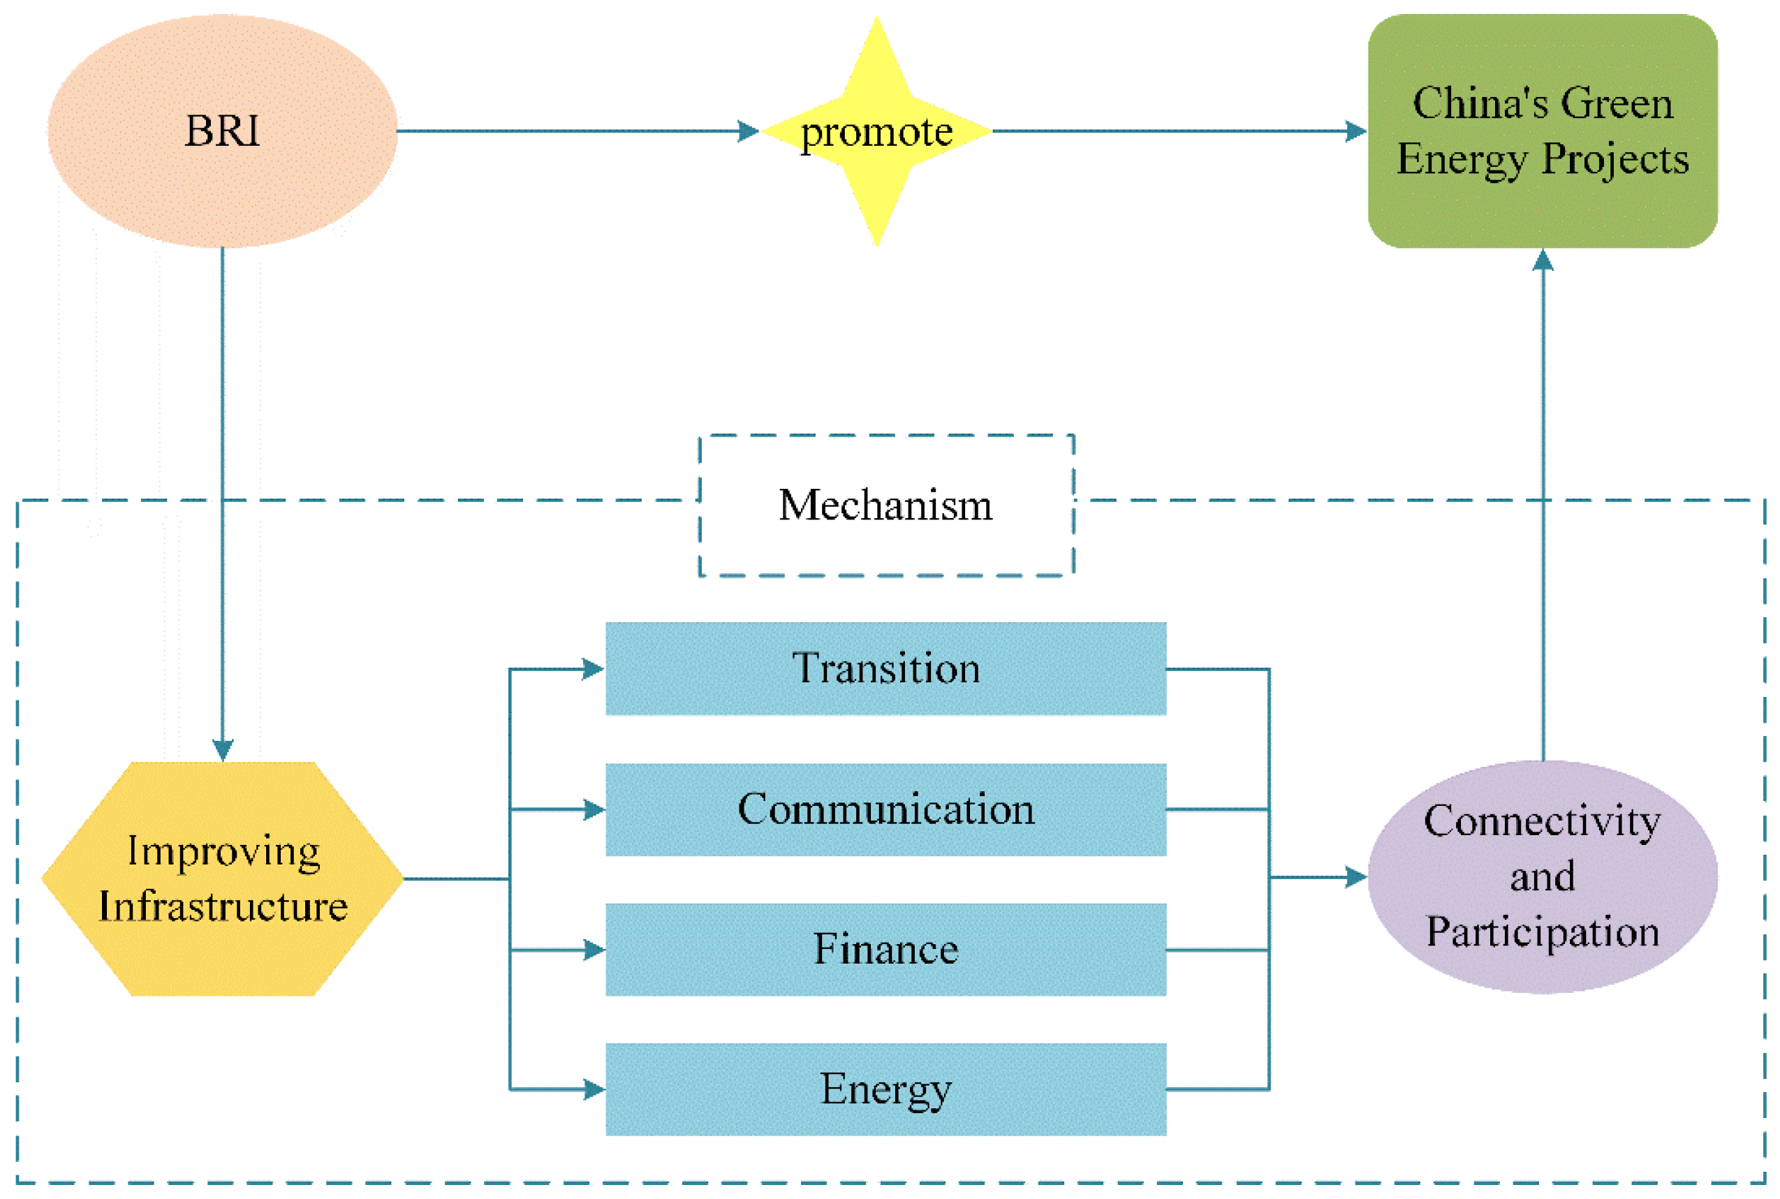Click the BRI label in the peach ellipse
click(x=222, y=131)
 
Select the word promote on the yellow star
click(x=876, y=132)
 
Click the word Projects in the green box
click(x=1614, y=159)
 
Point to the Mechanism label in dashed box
click(x=885, y=506)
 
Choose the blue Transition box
click(x=885, y=668)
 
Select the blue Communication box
click(x=885, y=809)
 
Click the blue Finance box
click(x=885, y=949)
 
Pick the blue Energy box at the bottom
click(x=885, y=1089)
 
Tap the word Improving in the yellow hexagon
click(x=223, y=851)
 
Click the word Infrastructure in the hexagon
click(x=223, y=907)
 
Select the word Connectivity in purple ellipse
click(x=1541, y=822)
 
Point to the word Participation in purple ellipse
click(x=1541, y=932)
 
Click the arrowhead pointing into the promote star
click(x=747, y=131)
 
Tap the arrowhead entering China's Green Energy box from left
click(x=1355, y=131)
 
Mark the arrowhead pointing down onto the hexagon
click(x=223, y=749)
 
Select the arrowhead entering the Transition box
click(x=593, y=669)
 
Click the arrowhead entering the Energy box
click(x=594, y=1089)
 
